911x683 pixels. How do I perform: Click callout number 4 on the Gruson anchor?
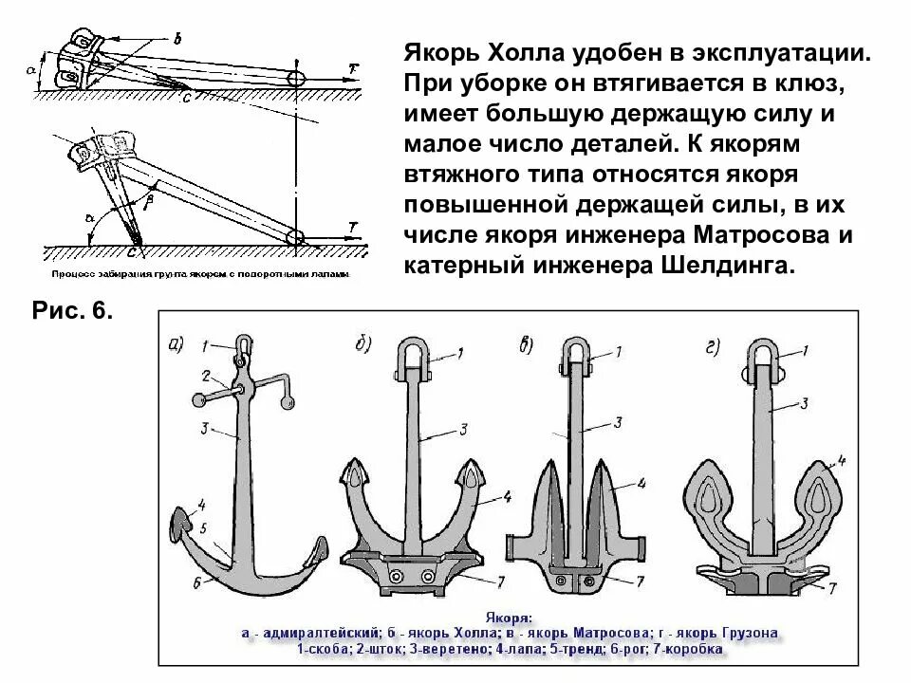(840, 464)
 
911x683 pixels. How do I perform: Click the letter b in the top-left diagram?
(176, 38)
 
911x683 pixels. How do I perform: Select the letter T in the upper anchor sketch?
(353, 68)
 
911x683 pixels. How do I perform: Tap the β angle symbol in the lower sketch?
(147, 201)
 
